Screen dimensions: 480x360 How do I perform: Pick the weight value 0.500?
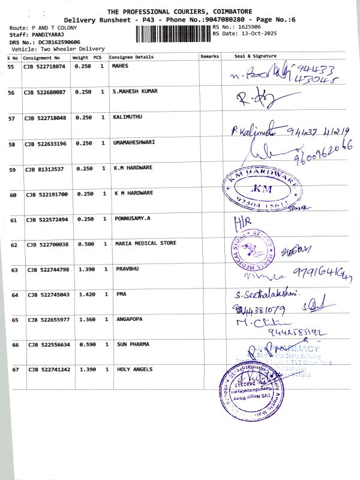click(x=82, y=244)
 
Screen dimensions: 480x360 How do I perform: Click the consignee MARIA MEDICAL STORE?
click(x=146, y=244)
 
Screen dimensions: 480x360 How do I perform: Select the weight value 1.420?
click(x=82, y=295)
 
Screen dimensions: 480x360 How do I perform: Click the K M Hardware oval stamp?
click(x=262, y=188)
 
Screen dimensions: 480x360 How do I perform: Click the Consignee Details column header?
click(x=131, y=57)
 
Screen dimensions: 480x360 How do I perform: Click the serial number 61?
click(x=11, y=220)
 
